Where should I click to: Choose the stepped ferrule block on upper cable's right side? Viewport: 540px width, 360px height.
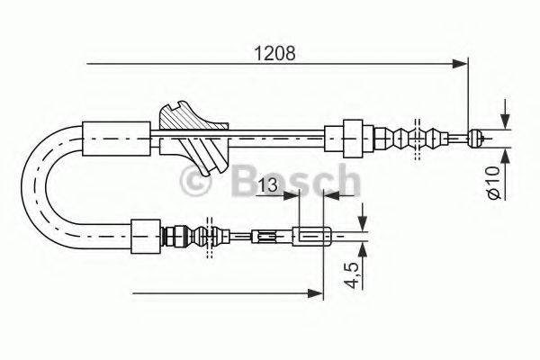(x=351, y=137)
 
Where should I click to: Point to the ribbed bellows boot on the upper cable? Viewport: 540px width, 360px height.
(x=417, y=138)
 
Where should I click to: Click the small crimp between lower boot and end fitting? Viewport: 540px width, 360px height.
(x=266, y=238)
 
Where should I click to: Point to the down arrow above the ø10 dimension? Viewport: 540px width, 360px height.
(x=504, y=120)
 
